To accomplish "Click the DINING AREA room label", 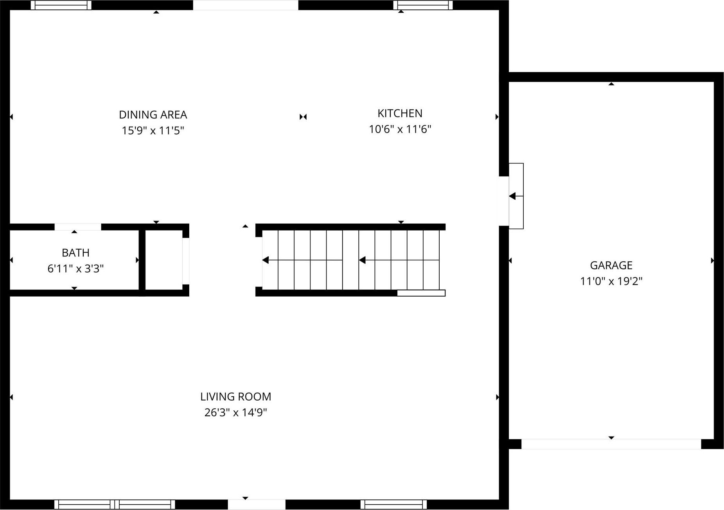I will click(x=153, y=115).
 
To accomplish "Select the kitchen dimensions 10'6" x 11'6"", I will click(x=400, y=129).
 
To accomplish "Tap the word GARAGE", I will click(x=611, y=265).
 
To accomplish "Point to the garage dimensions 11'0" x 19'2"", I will click(x=611, y=281).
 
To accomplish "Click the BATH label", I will click(x=75, y=253).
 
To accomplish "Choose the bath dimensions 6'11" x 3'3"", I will click(x=75, y=269).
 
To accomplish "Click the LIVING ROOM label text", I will click(x=235, y=397).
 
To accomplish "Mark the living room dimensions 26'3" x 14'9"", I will click(x=235, y=413).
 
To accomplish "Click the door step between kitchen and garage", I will click(x=516, y=196).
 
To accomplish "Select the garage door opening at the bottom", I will click(x=611, y=444).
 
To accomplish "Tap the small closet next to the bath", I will click(x=164, y=260).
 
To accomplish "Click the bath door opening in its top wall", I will click(x=77, y=227).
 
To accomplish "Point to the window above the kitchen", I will click(x=423, y=5).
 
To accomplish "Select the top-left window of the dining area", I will click(x=61, y=5).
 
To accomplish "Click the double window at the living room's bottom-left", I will click(x=115, y=505).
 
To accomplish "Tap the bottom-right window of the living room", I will click(x=393, y=505).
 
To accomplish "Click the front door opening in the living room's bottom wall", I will click(x=257, y=505).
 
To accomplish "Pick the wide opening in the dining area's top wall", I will click(x=246, y=5).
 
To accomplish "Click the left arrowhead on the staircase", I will click(x=266, y=260).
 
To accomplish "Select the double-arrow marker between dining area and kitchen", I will click(x=303, y=117).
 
